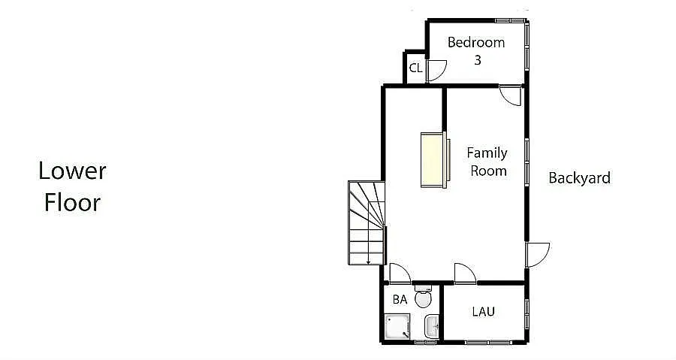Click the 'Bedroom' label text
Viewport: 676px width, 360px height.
click(476, 43)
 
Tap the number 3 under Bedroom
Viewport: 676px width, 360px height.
click(477, 60)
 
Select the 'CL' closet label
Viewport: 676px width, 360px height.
click(415, 68)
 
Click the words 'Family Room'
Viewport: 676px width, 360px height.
click(487, 162)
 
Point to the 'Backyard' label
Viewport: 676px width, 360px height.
click(579, 178)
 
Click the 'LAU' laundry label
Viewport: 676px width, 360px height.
click(483, 311)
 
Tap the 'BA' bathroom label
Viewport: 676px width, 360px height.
click(400, 299)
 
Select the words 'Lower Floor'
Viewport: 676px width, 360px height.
click(72, 186)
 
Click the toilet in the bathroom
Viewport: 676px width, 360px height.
click(424, 298)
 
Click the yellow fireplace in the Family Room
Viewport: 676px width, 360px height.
click(433, 159)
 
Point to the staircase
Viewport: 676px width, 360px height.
click(367, 222)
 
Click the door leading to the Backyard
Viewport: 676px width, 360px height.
click(537, 254)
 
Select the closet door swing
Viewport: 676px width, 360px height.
click(436, 70)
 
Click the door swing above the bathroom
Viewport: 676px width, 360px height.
click(399, 274)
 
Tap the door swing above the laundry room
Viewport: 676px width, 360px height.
click(464, 273)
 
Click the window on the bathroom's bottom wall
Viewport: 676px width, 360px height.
click(425, 343)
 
